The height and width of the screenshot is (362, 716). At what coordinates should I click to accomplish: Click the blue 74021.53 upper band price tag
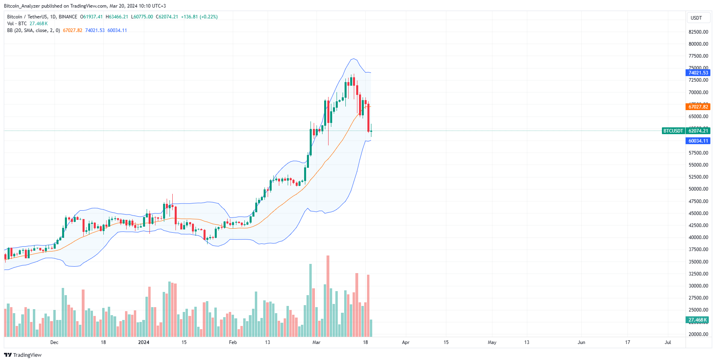point(698,73)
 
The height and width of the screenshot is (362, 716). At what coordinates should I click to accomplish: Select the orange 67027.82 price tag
point(698,107)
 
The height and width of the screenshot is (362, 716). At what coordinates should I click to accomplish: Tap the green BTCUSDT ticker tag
point(673,131)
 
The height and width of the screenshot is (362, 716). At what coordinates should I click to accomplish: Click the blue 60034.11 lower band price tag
point(698,141)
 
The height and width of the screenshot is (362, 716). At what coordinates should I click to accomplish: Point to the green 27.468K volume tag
point(698,320)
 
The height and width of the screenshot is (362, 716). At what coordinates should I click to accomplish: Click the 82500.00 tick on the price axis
point(698,32)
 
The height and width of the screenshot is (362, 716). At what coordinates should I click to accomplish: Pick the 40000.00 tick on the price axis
point(698,237)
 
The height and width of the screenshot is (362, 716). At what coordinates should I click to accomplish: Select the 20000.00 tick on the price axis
point(698,334)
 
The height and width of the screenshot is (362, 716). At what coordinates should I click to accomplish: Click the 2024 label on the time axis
point(143,342)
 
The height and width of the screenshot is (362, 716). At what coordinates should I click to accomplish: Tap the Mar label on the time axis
point(317,342)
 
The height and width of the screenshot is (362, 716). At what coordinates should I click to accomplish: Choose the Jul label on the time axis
point(668,342)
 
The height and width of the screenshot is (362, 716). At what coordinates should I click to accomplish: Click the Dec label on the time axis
point(54,342)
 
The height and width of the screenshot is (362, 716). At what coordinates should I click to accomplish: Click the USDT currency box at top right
point(696,18)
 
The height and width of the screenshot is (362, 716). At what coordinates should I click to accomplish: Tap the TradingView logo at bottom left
point(23,355)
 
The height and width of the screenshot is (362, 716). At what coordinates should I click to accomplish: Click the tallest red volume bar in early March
point(328,296)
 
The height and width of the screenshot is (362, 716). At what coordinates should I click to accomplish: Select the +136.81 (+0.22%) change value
point(199,17)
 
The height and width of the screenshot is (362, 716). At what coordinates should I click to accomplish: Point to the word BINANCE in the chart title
point(68,17)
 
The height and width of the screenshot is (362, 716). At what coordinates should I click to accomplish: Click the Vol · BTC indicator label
point(17,24)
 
